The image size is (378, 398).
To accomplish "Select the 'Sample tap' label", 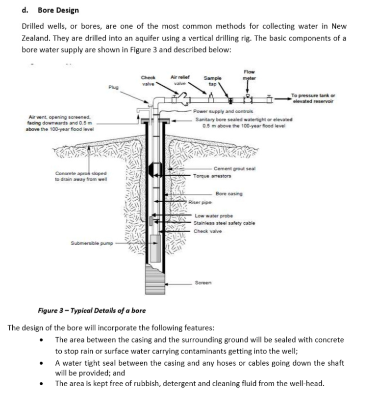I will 212,80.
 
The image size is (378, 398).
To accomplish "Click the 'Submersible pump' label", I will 92,242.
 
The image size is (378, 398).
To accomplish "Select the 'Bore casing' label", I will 228,194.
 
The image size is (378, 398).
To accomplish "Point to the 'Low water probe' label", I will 211,215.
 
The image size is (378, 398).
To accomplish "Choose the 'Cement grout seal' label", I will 234,168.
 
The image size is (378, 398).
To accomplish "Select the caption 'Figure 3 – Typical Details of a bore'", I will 92,310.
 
